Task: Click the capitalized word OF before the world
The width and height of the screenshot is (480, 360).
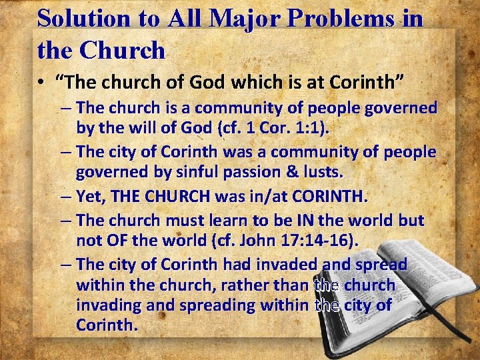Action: point(117,240)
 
